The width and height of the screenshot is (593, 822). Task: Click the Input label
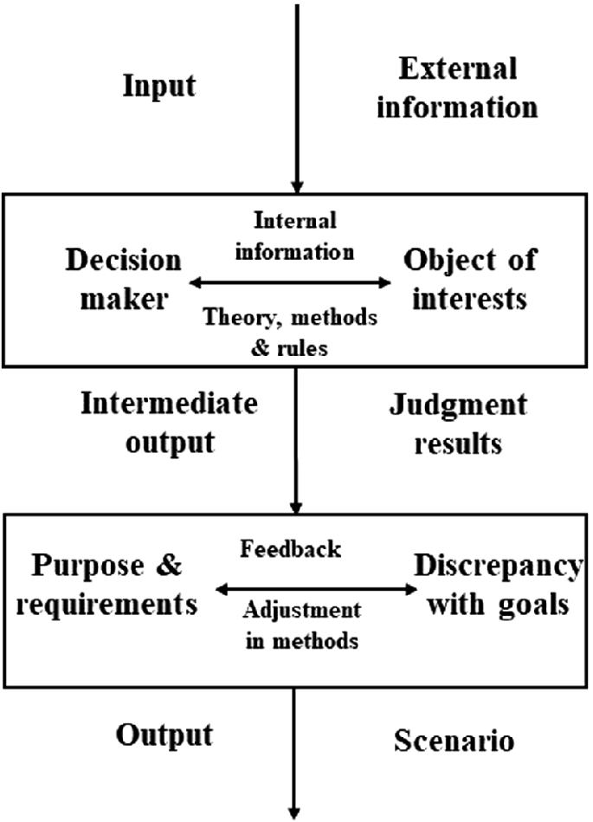tap(159, 87)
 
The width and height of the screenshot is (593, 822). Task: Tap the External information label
tap(468, 87)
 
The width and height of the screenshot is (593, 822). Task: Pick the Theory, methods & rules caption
tap(290, 329)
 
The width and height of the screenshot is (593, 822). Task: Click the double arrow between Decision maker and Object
tap(291, 282)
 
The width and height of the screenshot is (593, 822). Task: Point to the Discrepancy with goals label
tap(497, 586)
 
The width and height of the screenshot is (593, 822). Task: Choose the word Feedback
tap(290, 548)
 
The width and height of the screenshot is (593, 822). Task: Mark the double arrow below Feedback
tap(315, 590)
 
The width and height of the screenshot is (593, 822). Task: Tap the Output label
tap(164, 735)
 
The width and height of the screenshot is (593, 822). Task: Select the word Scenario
tap(454, 741)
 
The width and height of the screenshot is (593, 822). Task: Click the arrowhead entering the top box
tap(297, 184)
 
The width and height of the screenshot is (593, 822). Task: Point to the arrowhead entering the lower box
tap(297, 507)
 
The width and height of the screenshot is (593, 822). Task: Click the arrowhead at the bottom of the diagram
tap(297, 811)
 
